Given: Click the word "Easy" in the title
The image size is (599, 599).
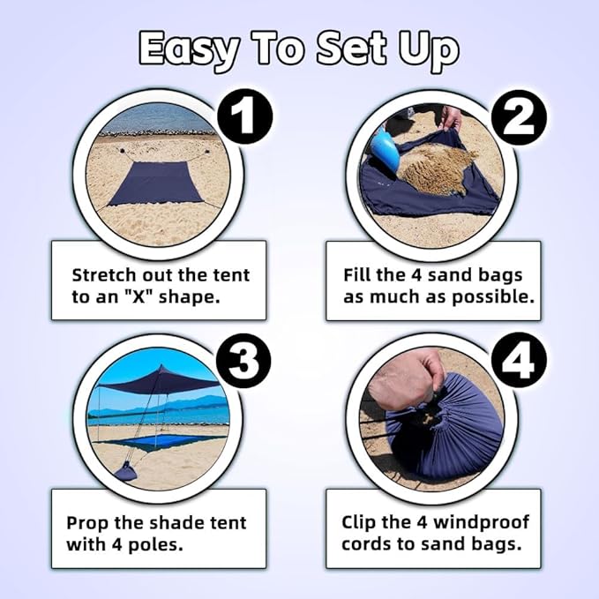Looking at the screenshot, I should (189, 49).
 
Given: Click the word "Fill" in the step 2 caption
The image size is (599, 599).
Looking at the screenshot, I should (358, 274).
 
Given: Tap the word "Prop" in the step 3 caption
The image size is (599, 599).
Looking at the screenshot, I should (88, 522).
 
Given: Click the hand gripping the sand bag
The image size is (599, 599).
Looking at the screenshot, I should (405, 378).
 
